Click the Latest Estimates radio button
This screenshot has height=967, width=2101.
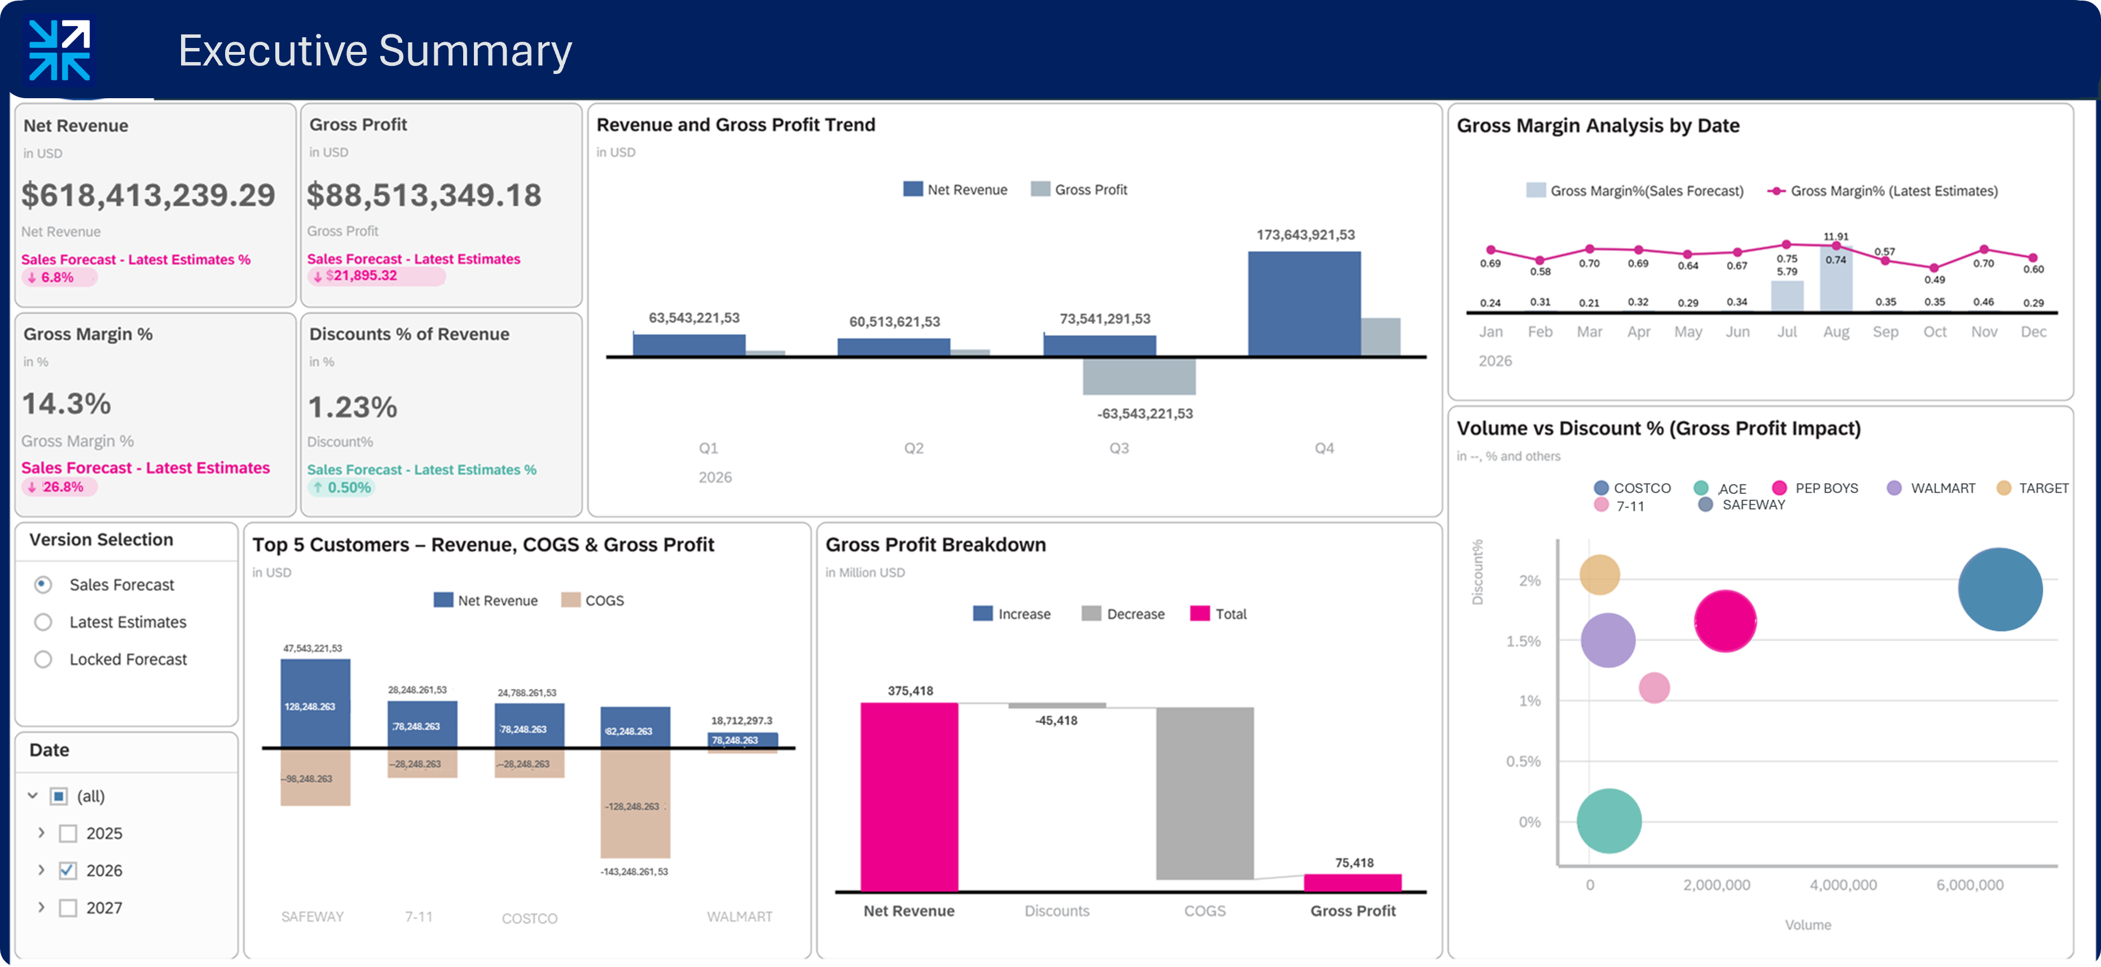click(x=43, y=622)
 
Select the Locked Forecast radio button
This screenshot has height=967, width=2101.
click(x=43, y=659)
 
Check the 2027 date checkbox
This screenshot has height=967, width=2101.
click(x=68, y=907)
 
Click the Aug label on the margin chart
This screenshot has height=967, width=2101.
click(x=1835, y=331)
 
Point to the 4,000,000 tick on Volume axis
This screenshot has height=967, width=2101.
click(x=1843, y=885)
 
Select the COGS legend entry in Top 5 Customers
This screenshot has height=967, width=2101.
click(x=593, y=601)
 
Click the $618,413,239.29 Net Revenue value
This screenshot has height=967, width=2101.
click(x=148, y=195)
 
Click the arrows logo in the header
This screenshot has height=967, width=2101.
click(x=59, y=51)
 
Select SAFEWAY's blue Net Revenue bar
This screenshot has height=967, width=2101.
click(x=315, y=703)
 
